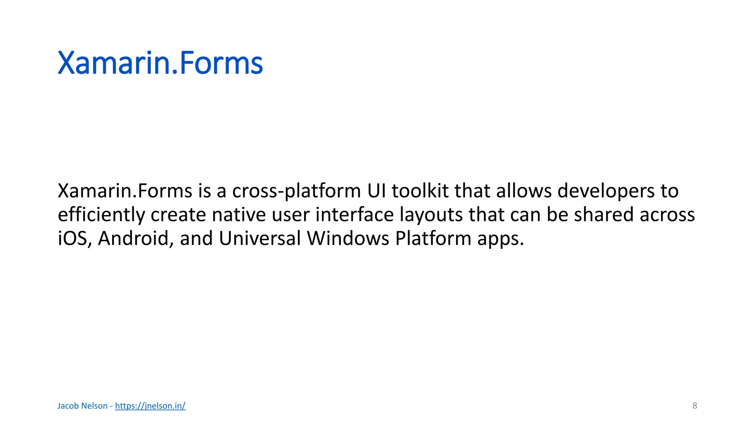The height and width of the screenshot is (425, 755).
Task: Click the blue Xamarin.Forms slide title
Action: [160, 63]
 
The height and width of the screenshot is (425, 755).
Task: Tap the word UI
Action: [376, 191]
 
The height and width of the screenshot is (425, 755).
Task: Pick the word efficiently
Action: [101, 215]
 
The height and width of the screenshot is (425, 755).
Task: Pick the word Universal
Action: [260, 238]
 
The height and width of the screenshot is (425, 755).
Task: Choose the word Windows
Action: [348, 238]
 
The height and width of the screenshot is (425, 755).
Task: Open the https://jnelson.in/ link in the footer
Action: [150, 406]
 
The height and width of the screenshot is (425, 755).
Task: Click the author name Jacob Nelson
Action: [82, 406]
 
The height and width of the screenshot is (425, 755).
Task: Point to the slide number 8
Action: [695, 406]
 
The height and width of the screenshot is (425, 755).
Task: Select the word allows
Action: [524, 191]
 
